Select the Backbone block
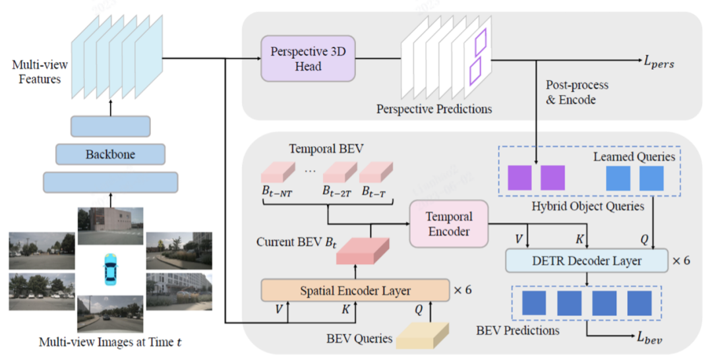pos(110,154)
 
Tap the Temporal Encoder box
pos(448,224)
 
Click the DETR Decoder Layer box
pos(586,260)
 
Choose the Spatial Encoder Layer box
pos(355,290)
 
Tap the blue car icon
pos(110,269)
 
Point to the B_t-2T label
pos(336,192)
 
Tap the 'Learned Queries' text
pos(634,156)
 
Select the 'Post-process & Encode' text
pos(577,92)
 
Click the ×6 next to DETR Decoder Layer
pos(681,260)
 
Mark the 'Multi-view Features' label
pos(36,72)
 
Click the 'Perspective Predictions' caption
pos(434,108)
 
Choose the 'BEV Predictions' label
pos(518,330)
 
